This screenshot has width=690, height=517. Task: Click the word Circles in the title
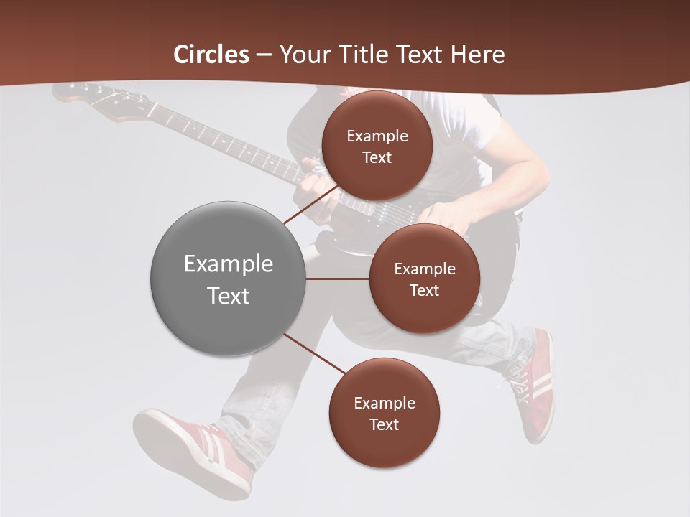coord(211,55)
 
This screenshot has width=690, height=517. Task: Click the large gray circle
coord(228,279)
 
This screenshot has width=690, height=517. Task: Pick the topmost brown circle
coord(377,146)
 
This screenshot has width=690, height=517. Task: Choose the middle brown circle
coord(424,279)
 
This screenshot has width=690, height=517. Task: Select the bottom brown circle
coord(384,413)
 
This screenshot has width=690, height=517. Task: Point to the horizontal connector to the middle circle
coord(338,279)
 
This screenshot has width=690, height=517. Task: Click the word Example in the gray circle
coord(228,264)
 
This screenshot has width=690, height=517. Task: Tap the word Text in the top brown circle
coord(377,157)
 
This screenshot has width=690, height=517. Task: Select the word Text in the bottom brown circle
coord(384,424)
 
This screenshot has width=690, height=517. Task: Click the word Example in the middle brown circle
coord(424,269)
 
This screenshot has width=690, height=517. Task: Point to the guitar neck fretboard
coord(223,140)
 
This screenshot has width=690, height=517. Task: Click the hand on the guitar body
coord(442,215)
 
